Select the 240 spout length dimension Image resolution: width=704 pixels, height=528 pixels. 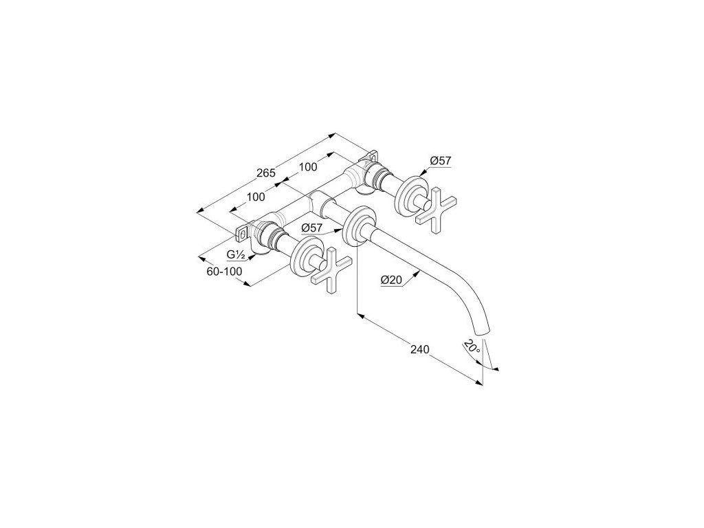(x=419, y=349)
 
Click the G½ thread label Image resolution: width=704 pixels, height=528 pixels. (x=237, y=256)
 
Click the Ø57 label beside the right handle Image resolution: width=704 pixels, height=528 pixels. (x=440, y=161)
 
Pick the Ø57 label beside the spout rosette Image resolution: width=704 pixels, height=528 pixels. (x=312, y=228)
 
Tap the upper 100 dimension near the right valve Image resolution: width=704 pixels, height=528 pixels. (x=308, y=166)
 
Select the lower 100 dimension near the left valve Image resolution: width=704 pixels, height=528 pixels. (x=256, y=197)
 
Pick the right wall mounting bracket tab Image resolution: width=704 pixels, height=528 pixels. (x=373, y=156)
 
